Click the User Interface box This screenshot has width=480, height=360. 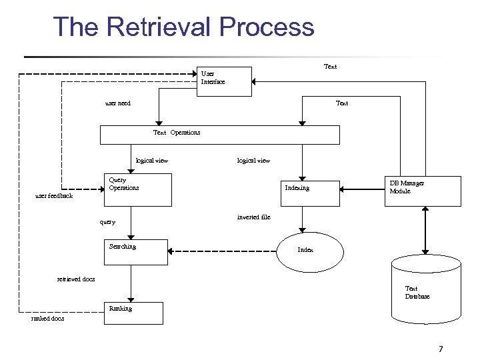coord(225,82)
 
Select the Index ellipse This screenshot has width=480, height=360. coord(310,251)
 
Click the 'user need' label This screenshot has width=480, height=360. coord(118,103)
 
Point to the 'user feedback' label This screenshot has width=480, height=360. coord(54,197)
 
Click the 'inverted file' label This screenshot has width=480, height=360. coord(253,217)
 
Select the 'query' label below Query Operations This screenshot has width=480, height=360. coord(107,222)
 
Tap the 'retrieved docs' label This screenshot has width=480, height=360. coord(76,279)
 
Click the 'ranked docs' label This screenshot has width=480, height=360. coord(48,319)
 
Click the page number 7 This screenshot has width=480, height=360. coord(441,349)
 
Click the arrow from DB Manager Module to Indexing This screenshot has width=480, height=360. coord(360,191)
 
